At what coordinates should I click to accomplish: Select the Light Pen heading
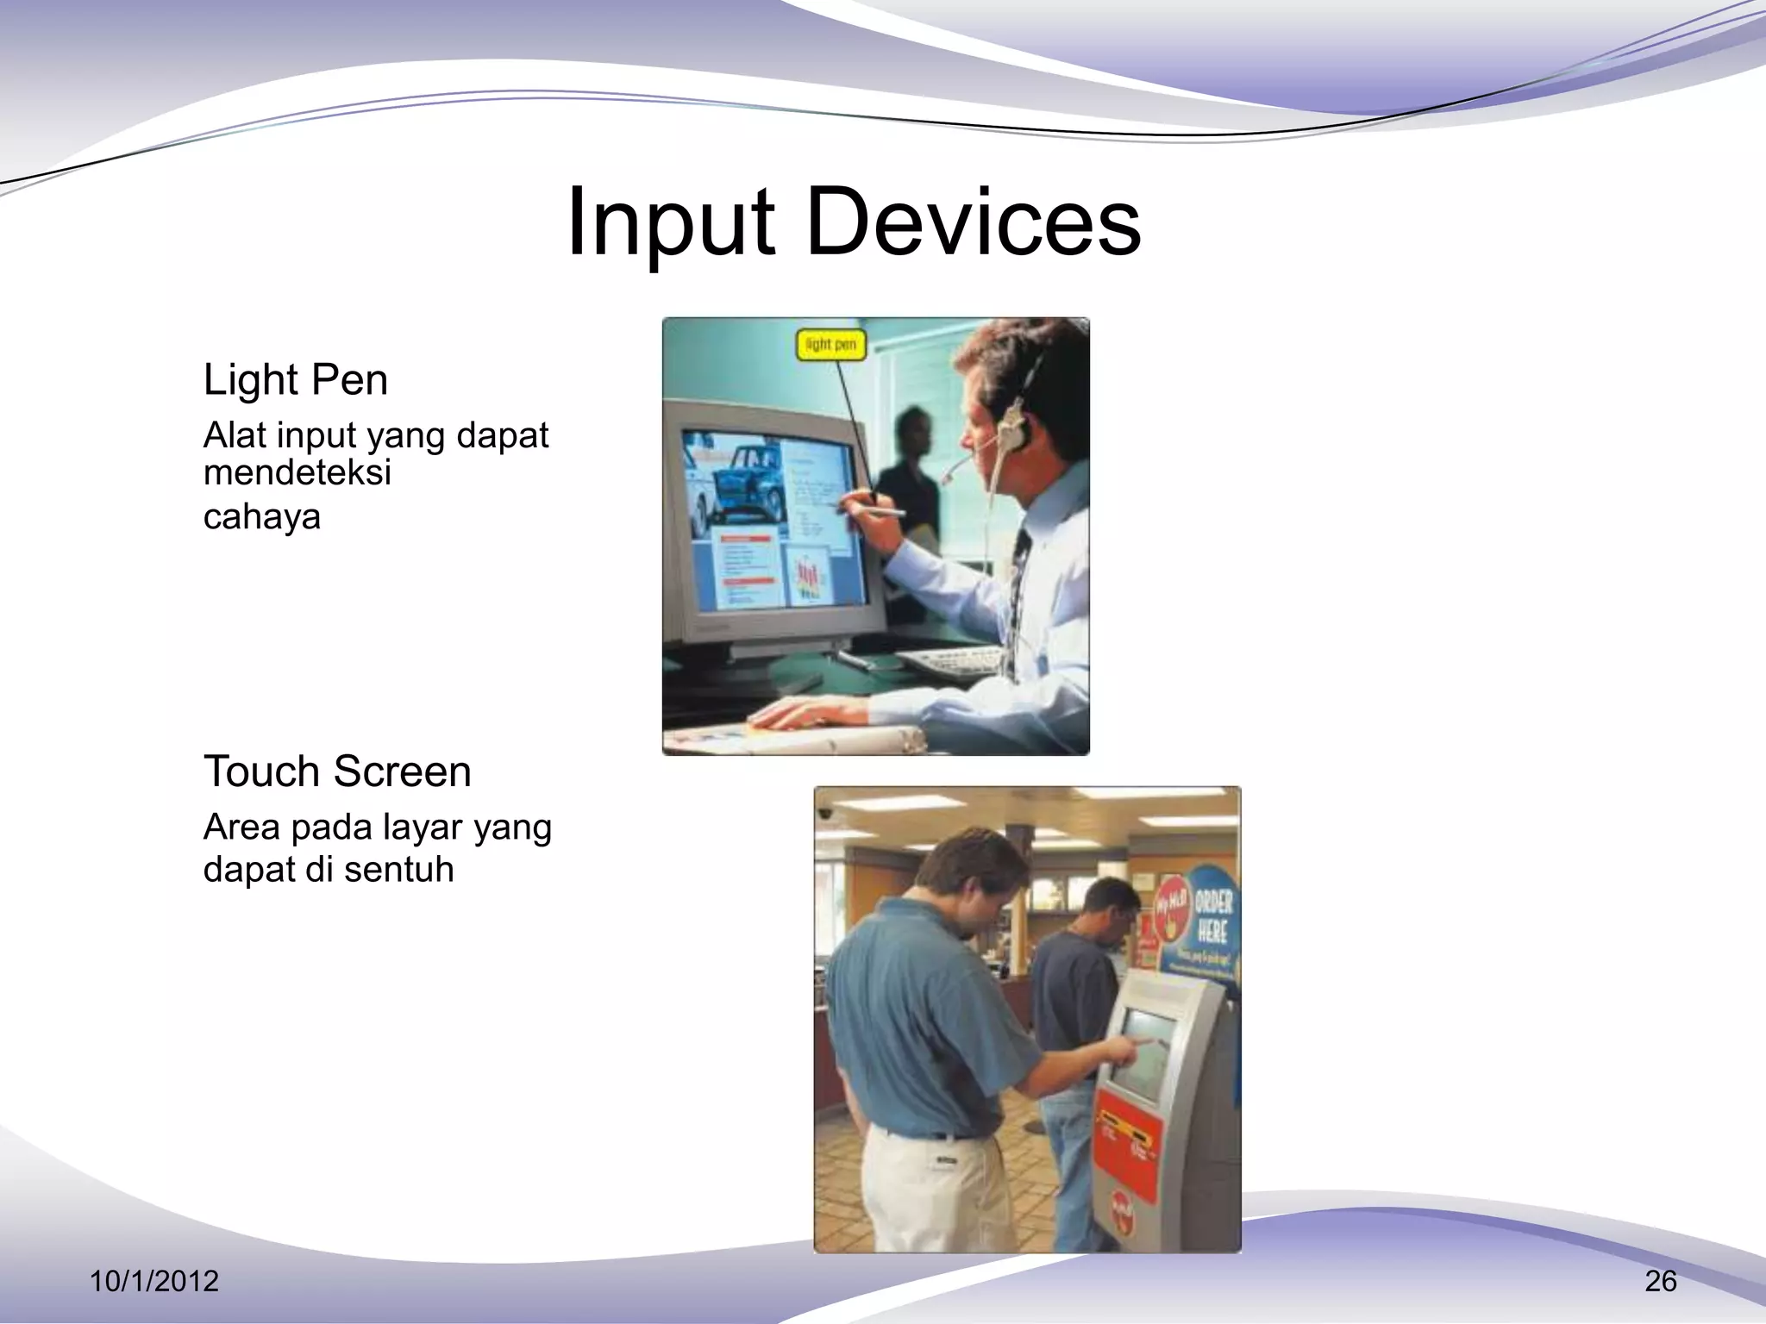pos(295,379)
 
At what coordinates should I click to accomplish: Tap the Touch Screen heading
pos(337,771)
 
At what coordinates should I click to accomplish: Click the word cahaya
pos(261,517)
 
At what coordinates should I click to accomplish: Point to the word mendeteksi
pos(297,472)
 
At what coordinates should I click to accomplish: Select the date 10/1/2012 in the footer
pos(154,1281)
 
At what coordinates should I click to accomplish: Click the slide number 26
pos(1660,1281)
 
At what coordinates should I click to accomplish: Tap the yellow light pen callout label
pos(830,345)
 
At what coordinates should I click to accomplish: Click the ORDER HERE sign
pos(1212,917)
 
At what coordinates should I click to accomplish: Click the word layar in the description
pos(424,827)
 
